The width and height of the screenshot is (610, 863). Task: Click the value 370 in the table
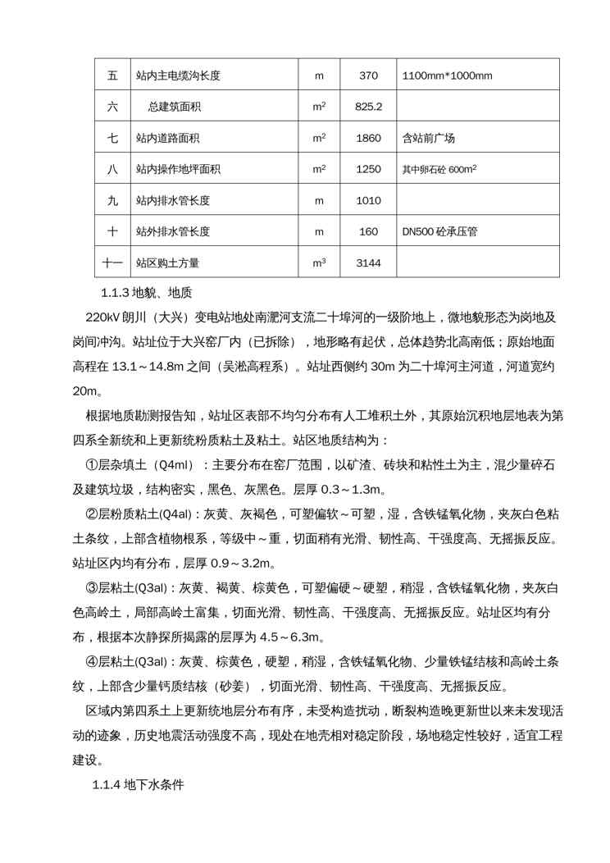click(x=368, y=76)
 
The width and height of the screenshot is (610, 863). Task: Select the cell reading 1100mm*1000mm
click(x=447, y=76)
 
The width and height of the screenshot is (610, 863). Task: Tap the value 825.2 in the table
click(x=369, y=107)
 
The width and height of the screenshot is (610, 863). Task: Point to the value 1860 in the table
click(x=369, y=138)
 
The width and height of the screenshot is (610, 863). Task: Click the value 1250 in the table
click(x=369, y=169)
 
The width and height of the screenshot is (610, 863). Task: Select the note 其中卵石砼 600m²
click(x=439, y=169)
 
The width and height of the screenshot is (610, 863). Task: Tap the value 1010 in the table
click(x=369, y=200)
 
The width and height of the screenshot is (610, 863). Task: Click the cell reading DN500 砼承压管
click(x=439, y=231)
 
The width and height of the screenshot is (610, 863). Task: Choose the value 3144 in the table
click(x=369, y=263)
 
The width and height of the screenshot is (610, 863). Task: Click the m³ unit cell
click(x=319, y=263)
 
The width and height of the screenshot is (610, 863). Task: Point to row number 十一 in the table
click(x=112, y=263)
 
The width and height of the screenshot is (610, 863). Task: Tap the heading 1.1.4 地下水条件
click(x=138, y=785)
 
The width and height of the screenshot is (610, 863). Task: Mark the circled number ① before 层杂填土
click(x=92, y=465)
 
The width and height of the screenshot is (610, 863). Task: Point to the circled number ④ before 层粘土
click(x=92, y=662)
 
